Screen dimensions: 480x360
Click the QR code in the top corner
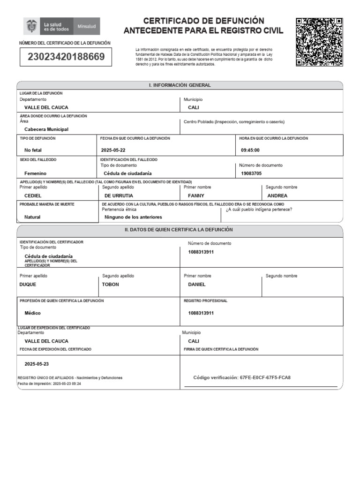(319, 42)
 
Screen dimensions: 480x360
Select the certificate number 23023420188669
(66, 57)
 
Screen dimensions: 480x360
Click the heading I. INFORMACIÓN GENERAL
(180, 85)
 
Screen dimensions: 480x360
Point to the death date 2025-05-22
(113, 150)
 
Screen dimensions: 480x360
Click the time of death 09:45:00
(250, 150)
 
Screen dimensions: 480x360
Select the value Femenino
(35, 173)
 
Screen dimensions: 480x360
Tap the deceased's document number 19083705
(251, 173)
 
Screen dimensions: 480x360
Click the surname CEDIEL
(33, 195)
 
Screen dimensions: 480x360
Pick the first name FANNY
(196, 195)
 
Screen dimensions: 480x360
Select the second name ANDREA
(277, 195)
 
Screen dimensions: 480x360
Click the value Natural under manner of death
(32, 217)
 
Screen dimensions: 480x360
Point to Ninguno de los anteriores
(133, 217)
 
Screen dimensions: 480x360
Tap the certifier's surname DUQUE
(28, 284)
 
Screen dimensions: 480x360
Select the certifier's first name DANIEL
(197, 284)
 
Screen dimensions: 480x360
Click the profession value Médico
(32, 313)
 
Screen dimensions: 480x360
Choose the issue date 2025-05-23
(37, 364)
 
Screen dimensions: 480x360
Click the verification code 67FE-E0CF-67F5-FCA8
(265, 377)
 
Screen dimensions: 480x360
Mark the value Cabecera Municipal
(46, 129)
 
